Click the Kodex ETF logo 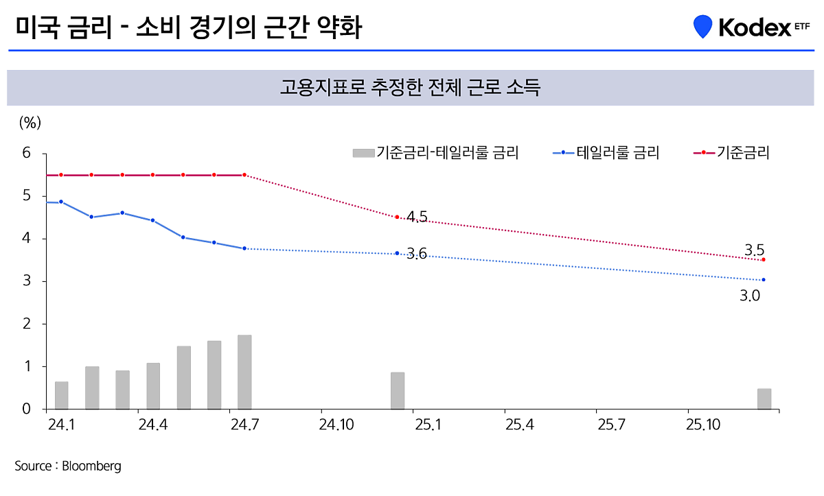752,27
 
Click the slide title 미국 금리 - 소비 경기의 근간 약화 187,28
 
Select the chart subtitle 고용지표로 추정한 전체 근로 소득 411,88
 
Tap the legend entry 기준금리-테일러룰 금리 435,153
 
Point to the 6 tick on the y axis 27,153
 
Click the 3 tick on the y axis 27,281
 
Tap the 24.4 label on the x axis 153,425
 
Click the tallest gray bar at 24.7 244,372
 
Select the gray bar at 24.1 61,395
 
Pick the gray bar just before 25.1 398,391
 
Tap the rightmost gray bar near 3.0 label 764,399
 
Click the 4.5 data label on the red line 417,217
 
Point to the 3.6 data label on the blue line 417,254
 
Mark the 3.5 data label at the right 754,249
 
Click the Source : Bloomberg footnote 68,466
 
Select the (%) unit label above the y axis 30,123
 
